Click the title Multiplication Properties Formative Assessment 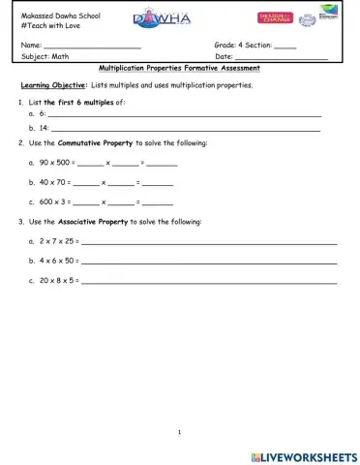coord(180,70)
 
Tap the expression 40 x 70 coord(53,182)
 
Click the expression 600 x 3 coord(53,201)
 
